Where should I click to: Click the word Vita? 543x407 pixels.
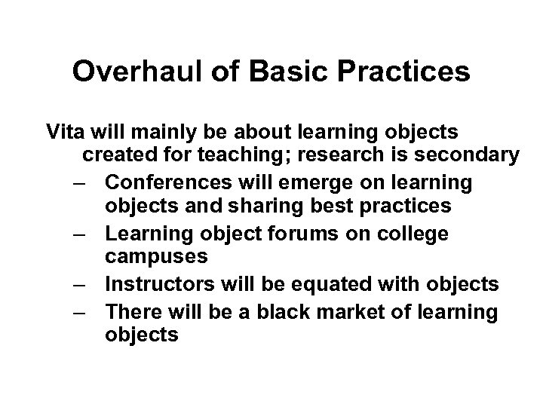pos(66,132)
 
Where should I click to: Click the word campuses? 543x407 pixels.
pos(156,258)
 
